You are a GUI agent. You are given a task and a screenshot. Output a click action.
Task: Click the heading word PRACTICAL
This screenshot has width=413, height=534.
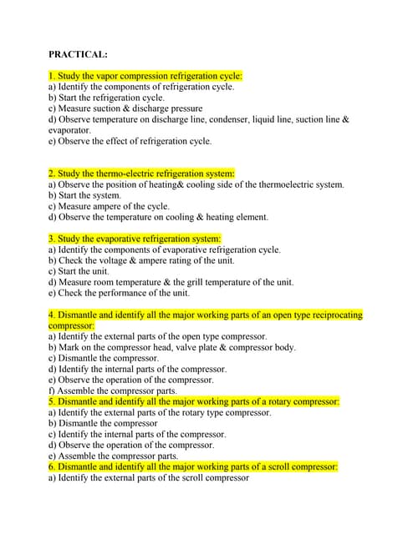coord(78,54)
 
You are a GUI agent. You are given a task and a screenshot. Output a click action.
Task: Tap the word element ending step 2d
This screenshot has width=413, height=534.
coord(252,216)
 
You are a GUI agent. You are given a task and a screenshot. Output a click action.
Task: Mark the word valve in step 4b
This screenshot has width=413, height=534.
coord(193,347)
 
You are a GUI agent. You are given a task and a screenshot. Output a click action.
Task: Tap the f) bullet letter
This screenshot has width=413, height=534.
coord(52,390)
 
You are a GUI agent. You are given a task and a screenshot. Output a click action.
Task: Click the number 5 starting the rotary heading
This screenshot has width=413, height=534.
coord(51,401)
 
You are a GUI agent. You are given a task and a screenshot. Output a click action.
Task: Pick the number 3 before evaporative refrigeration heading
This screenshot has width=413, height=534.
coord(51,239)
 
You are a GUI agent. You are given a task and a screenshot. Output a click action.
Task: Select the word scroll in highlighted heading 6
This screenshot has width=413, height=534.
coord(259,467)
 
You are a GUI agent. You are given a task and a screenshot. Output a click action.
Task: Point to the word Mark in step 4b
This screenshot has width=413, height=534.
coord(70,347)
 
